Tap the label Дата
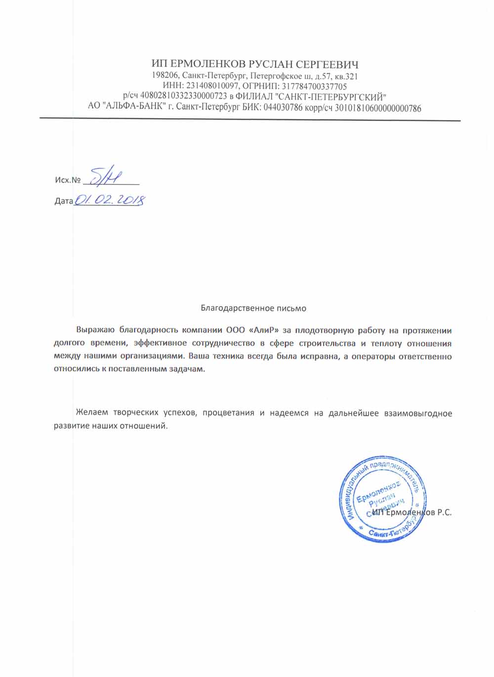(64, 201)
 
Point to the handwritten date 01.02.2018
(109, 200)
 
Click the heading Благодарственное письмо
(253, 308)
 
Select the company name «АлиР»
(256, 330)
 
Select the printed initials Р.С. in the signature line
(444, 513)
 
